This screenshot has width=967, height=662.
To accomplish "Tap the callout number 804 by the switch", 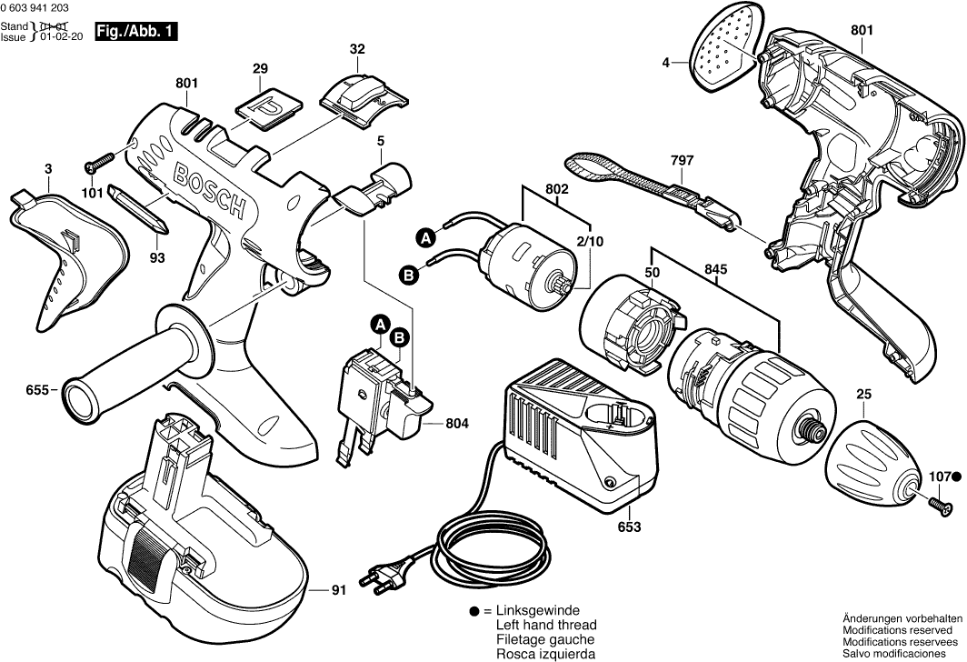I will pyautogui.click(x=459, y=423).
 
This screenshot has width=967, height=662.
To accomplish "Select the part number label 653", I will pyautogui.click(x=603, y=527).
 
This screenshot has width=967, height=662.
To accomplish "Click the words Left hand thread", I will pyautogui.click(x=546, y=626).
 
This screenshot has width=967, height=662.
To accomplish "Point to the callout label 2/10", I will pyautogui.click(x=589, y=242).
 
